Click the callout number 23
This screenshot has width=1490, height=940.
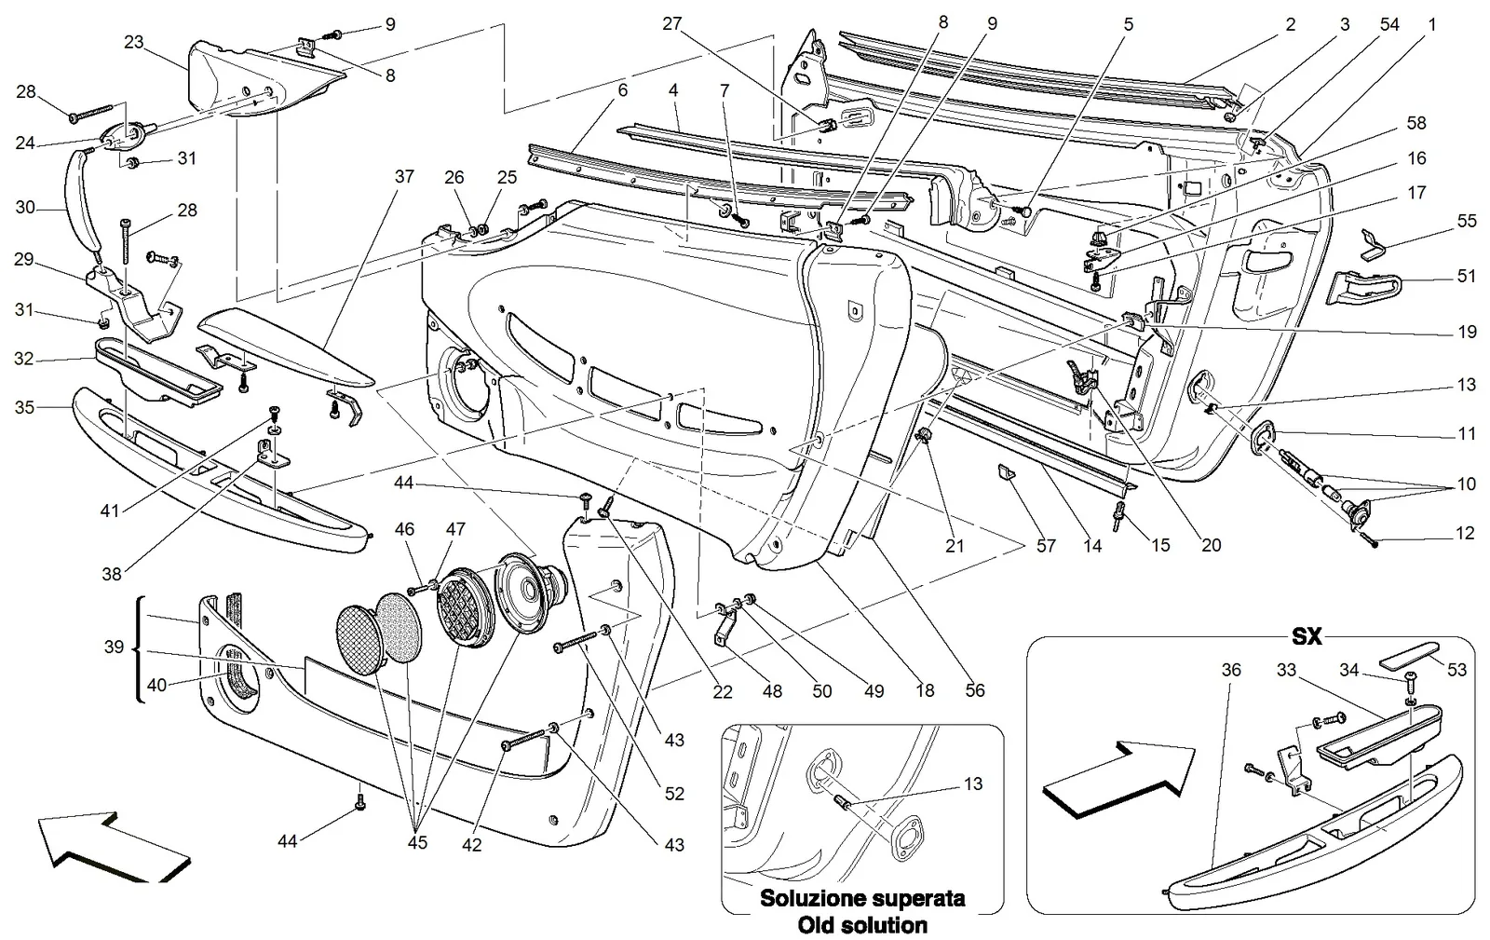point(134,42)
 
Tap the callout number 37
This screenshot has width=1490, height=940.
point(404,176)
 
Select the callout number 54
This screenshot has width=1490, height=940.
point(1389,24)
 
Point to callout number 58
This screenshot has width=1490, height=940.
point(1416,123)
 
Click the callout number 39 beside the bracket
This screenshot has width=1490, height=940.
point(114,647)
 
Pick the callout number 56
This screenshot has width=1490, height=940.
point(975,690)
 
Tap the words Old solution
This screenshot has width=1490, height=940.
point(862,925)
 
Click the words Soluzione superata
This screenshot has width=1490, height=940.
point(862,898)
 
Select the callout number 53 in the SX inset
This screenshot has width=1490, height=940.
point(1456,669)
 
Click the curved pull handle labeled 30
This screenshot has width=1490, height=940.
point(82,199)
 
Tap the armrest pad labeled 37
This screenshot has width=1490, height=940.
point(286,347)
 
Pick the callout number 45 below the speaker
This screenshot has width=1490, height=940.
point(417,842)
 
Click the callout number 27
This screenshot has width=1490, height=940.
point(672,24)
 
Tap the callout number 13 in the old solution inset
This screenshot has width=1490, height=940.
point(973,783)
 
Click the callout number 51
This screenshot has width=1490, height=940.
point(1467,276)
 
